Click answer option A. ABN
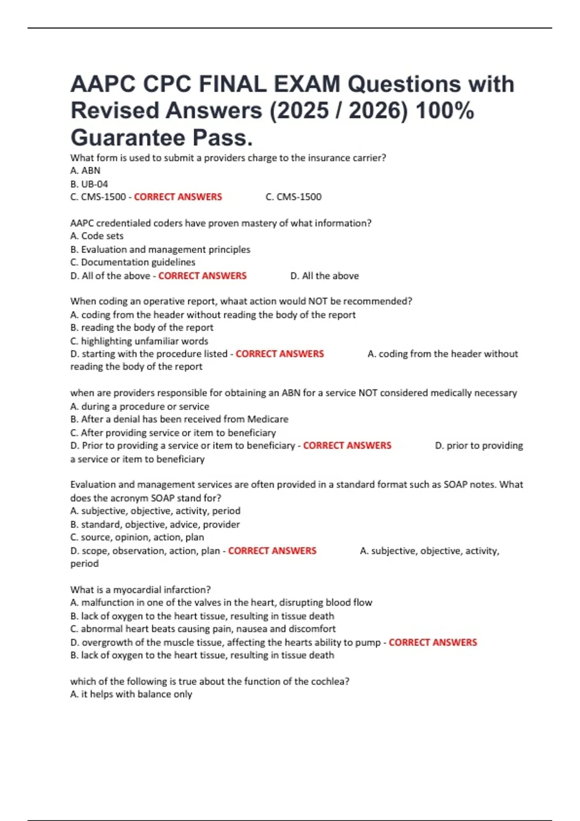click(85, 170)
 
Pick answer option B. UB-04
click(89, 184)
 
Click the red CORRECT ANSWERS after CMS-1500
click(178, 197)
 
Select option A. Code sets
click(97, 236)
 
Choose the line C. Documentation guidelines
click(132, 262)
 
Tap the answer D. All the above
click(324, 276)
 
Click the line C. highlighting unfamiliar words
click(139, 341)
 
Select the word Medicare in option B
click(268, 419)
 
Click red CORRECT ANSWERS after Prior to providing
click(347, 446)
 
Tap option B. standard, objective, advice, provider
click(155, 524)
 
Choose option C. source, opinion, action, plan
click(137, 538)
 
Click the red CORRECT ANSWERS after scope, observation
click(272, 551)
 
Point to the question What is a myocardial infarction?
click(140, 590)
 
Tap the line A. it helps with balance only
click(131, 694)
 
